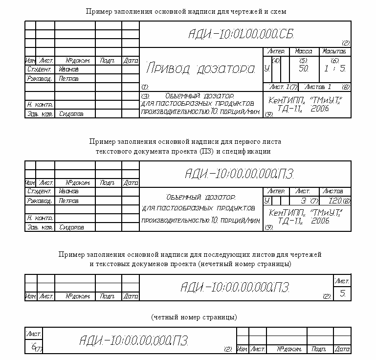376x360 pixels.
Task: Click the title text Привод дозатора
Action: pyautogui.click(x=200, y=68)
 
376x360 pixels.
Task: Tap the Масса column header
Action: pyautogui.click(x=304, y=51)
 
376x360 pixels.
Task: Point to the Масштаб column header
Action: pyautogui.click(x=335, y=51)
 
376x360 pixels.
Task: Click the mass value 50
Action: pyautogui.click(x=304, y=69)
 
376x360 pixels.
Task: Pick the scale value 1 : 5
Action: pyautogui.click(x=335, y=69)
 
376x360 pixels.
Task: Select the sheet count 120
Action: pyautogui.click(x=335, y=201)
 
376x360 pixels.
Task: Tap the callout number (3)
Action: pyautogui.click(x=145, y=95)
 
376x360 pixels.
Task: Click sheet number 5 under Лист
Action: pyautogui.click(x=343, y=294)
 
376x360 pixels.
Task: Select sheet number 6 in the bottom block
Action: pyautogui.click(x=33, y=346)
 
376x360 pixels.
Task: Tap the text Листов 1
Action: pyautogui.click(x=318, y=87)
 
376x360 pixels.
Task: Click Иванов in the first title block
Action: pyautogui.click(x=68, y=69)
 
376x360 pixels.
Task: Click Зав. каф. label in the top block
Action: pyautogui.click(x=40, y=114)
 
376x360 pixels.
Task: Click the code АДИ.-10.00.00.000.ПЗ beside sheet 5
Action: pyautogui.click(x=235, y=287)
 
